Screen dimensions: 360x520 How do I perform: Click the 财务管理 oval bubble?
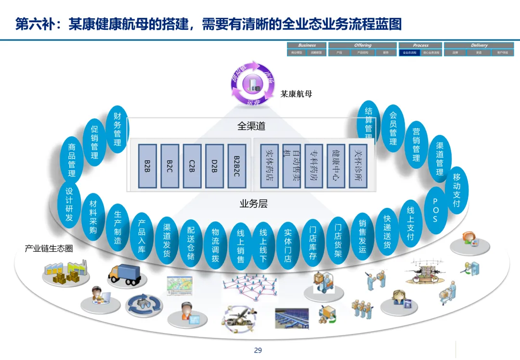coord(117,129)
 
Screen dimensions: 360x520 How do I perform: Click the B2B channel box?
coord(147,166)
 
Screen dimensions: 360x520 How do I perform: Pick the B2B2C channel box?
coord(237,166)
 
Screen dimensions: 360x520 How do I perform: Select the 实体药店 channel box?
coord(269,166)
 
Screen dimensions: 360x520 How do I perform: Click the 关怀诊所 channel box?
coord(358,166)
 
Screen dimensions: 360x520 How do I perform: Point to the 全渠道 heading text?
coord(251,126)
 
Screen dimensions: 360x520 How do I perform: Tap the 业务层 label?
coord(253,204)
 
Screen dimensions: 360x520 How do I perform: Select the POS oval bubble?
coord(435,210)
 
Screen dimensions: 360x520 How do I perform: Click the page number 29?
coord(258,350)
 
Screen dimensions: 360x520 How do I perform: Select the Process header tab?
coord(420,45)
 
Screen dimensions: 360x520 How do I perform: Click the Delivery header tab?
coord(479,45)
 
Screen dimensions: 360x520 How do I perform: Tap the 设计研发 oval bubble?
coord(69,204)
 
